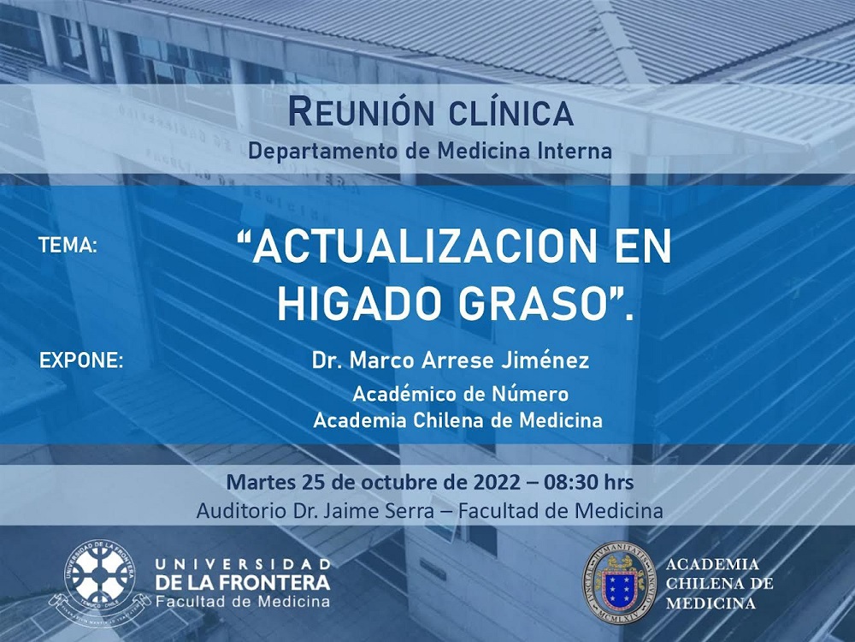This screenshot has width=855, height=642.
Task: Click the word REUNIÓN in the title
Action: point(361,111)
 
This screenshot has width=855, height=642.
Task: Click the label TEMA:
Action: point(68,246)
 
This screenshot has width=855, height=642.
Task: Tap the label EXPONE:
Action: point(81,361)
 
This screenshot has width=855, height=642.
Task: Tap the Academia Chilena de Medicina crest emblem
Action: point(619,582)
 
